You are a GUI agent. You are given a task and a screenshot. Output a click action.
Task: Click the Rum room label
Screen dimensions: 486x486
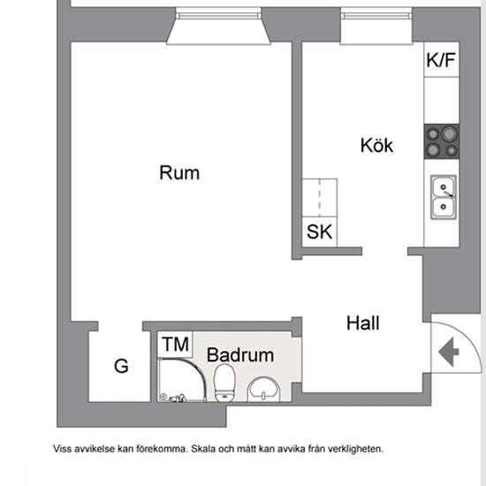(179, 172)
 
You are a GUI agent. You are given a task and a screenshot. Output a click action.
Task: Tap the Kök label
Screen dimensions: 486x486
(377, 145)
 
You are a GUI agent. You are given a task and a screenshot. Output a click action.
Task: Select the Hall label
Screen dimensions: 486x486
(362, 323)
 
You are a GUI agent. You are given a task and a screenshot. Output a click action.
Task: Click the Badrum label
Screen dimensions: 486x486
(240, 355)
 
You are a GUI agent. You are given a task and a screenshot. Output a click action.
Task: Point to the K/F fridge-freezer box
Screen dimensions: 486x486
(441, 59)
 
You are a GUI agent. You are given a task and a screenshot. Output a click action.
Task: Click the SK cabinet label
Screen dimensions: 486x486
(319, 232)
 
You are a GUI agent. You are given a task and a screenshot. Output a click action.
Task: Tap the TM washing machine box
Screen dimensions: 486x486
(175, 345)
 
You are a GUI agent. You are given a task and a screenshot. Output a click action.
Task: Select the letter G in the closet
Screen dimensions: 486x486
(121, 366)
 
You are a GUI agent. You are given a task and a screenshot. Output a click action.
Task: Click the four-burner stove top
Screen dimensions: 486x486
(442, 141)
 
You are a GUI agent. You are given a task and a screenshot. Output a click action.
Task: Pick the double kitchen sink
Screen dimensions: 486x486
(444, 197)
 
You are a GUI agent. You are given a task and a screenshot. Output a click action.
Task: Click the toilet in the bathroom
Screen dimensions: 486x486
(224, 383)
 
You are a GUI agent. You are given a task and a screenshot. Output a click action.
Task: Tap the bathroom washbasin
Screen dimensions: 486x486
(264, 390)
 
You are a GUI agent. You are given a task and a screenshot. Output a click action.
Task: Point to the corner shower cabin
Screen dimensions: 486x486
(182, 380)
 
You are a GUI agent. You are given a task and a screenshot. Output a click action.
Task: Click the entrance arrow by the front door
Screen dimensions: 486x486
(449, 352)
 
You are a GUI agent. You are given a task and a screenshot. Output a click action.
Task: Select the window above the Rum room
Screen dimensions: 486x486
(218, 26)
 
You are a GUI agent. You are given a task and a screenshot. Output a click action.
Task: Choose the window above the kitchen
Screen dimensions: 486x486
(376, 26)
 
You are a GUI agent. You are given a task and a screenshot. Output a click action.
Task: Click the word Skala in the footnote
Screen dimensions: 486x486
(203, 449)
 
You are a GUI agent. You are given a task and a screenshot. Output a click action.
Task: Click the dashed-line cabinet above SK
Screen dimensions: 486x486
(320, 198)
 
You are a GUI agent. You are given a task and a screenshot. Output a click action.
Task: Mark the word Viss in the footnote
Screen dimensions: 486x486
(63, 449)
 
